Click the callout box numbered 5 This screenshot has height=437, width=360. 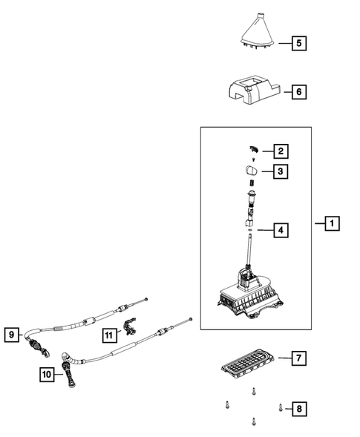click(298, 43)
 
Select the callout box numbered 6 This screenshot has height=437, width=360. click(298, 92)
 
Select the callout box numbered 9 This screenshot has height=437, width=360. click(11, 335)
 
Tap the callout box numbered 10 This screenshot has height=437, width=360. click(46, 376)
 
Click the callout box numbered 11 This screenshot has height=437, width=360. click(110, 335)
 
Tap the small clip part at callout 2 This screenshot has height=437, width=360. click(253, 150)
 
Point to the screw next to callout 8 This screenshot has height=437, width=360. click(280, 406)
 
